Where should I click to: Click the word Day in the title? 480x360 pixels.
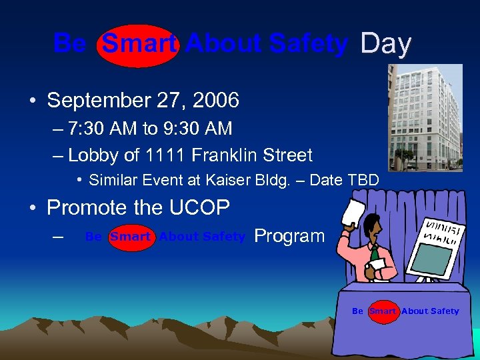[385, 44]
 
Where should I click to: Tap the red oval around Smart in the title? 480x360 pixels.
[139, 45]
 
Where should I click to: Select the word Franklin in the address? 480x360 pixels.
[218, 155]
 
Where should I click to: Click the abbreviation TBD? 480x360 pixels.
[363, 180]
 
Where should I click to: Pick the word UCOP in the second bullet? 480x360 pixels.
[201, 208]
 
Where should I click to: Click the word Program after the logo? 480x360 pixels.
[289, 236]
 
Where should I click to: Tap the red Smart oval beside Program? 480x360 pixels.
[131, 237]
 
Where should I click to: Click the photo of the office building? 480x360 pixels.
[425, 117]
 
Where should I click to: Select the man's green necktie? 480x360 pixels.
[375, 254]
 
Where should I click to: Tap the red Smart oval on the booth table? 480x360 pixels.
[383, 311]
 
